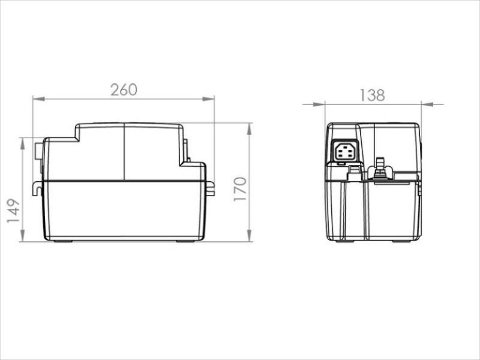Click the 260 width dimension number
click(124, 89)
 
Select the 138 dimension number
click(372, 95)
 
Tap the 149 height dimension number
click(14, 211)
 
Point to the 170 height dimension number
click(240, 189)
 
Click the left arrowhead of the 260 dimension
click(39, 99)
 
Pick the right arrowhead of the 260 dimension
click(208, 98)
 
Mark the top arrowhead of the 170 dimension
click(250, 129)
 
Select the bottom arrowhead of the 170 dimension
click(250, 235)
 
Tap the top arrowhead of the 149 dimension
click(22, 143)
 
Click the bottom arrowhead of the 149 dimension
click(22, 235)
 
